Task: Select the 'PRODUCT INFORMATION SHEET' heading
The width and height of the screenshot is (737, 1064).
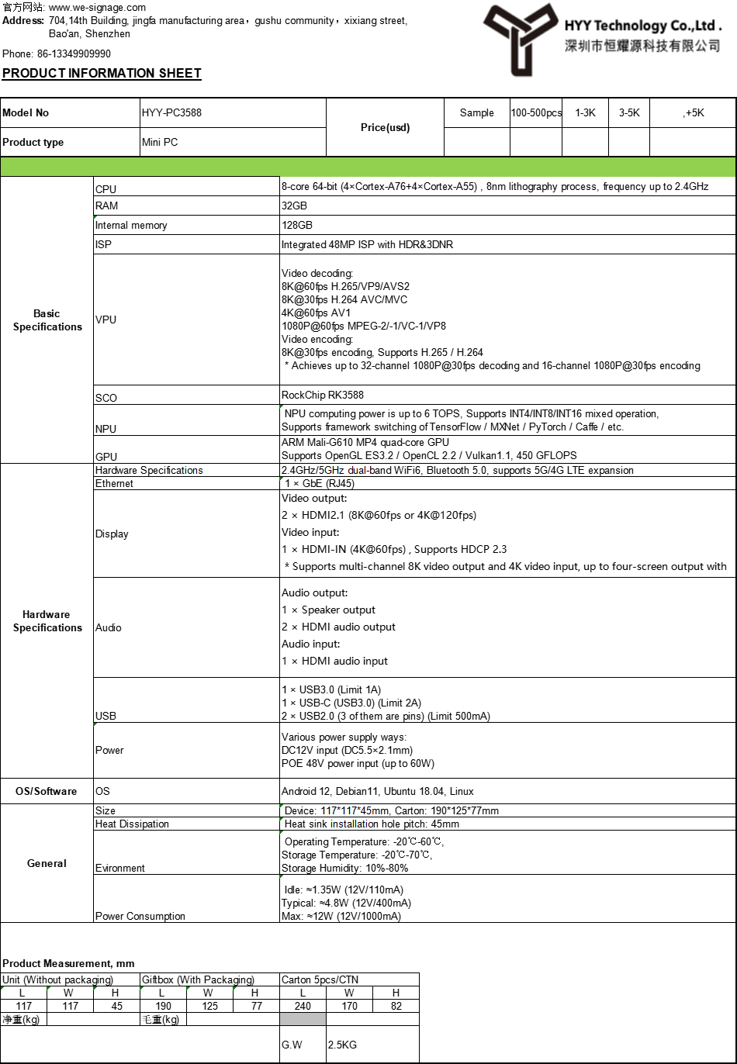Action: point(102,74)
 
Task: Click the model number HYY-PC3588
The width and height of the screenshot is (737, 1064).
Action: point(171,113)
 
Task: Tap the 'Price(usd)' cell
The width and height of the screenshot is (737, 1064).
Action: point(385,127)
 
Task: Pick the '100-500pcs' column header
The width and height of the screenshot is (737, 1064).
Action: point(536,113)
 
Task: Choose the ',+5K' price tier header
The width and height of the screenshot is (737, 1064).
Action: point(693,113)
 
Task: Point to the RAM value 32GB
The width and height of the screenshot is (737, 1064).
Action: point(297,206)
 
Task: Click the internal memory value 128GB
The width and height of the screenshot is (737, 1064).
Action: point(297,226)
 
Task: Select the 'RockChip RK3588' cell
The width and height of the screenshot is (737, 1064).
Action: point(323,396)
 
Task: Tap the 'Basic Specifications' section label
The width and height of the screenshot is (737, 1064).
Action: point(47,320)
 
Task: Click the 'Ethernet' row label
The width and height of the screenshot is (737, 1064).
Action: point(114,484)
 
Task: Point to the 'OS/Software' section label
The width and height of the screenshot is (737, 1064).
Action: point(47,792)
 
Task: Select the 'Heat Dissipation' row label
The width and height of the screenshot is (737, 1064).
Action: point(132,824)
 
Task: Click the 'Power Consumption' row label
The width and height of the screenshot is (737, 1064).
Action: point(140,917)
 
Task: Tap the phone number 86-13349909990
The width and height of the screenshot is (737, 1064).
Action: point(74,54)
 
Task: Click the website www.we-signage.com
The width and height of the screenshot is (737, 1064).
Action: point(97,8)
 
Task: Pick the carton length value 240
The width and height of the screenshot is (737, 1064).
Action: point(303,1007)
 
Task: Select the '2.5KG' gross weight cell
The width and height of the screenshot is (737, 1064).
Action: point(342,1045)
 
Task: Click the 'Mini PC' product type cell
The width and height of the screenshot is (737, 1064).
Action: point(160,143)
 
